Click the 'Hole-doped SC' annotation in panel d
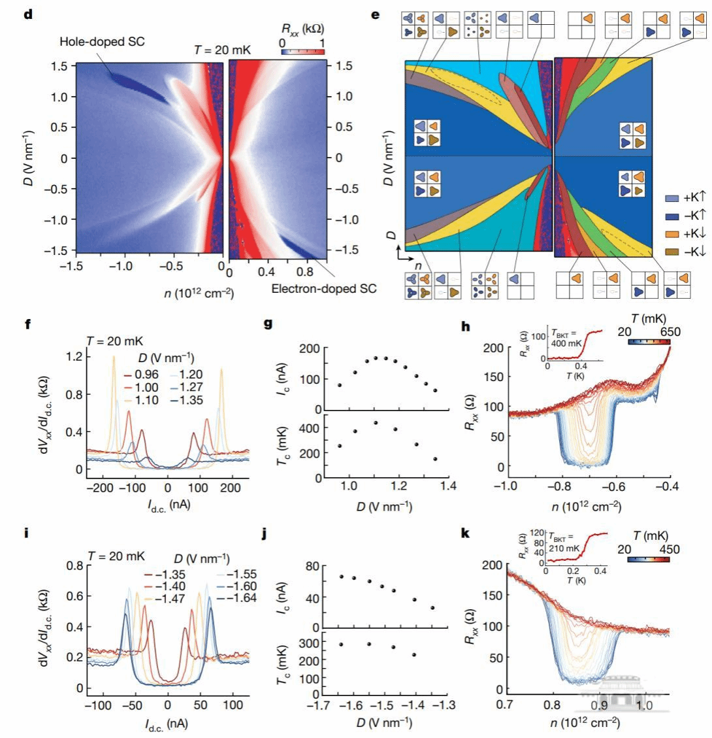click(102, 42)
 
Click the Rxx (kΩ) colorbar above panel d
click(302, 51)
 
